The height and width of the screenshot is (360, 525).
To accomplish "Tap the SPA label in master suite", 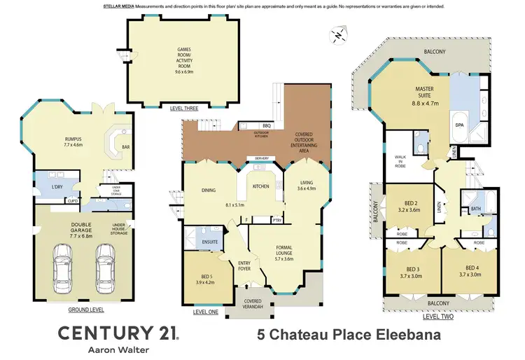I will [x=460, y=125].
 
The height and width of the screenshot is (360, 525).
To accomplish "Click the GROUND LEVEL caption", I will [x=86, y=309].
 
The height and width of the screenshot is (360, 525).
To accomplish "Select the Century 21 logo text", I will [x=117, y=332].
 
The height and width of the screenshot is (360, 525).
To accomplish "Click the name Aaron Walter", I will [x=118, y=350].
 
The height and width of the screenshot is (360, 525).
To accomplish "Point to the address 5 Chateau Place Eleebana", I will [x=345, y=335].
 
